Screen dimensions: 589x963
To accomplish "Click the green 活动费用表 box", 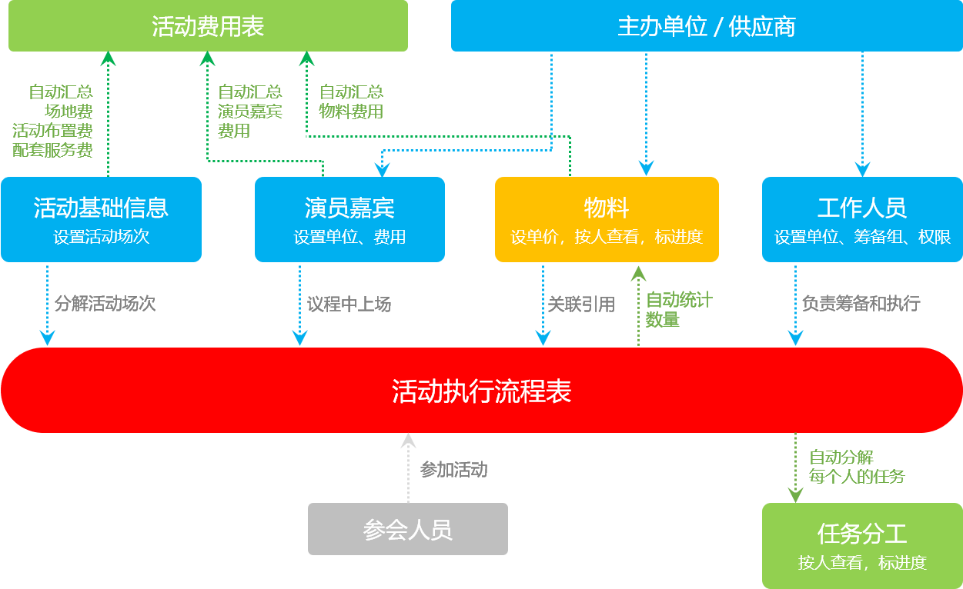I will tap(208, 26).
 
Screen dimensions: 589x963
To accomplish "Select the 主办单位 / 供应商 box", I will tap(706, 26).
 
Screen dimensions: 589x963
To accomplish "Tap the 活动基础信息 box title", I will tap(101, 208).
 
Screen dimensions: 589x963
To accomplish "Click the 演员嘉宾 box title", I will tap(349, 208).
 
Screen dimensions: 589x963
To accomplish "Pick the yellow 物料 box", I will tap(607, 219).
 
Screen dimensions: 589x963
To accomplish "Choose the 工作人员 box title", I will tap(862, 208).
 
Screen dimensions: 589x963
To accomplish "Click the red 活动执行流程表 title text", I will tap(481, 391).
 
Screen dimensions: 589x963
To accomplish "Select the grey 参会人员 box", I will tap(407, 529).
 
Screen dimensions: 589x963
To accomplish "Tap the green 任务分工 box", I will tap(862, 546).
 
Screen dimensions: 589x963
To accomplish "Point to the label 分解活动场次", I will tap(105, 304).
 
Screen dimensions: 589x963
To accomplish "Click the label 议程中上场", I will tap(349, 304).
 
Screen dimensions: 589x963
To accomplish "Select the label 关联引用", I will tap(581, 304).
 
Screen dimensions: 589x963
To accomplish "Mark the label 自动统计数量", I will tap(678, 310).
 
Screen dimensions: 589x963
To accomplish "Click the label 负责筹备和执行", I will tap(861, 304).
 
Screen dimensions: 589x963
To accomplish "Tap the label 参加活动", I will tap(453, 470).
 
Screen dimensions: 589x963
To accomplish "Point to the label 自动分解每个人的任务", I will tap(856, 467).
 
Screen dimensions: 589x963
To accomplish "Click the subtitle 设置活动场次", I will tap(101, 237).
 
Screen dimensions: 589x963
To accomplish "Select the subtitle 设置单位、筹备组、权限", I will tap(862, 237).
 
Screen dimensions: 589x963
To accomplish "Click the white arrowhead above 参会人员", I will tap(408, 441).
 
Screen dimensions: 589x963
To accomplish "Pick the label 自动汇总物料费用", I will tap(351, 101).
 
